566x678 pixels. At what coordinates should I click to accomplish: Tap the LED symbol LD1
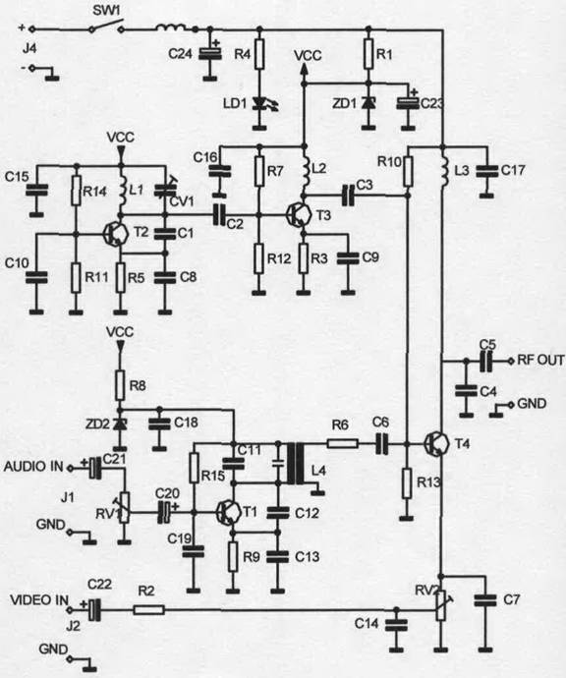pos(262,104)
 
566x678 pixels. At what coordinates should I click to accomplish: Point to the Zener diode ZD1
pos(368,103)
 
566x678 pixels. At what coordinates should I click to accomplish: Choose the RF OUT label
pos(540,360)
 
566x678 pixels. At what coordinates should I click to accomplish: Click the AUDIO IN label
pos(33,467)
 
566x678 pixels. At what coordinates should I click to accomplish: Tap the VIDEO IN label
pos(39,599)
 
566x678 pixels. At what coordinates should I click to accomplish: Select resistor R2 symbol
pos(148,610)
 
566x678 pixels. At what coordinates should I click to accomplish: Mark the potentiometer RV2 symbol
pos(442,605)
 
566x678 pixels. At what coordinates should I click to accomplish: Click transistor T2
pos(116,235)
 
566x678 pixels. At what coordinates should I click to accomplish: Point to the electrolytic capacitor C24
pos(210,54)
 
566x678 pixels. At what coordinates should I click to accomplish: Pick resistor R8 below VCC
pos(120,385)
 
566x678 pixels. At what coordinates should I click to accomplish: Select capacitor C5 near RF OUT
pos(486,361)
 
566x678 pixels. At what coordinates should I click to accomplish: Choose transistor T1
pos(228,512)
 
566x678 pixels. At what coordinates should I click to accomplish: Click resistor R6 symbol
pos(343,443)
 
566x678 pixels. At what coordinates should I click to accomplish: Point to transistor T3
pos(299,215)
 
